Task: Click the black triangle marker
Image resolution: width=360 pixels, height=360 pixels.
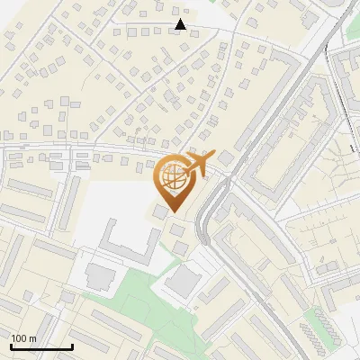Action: pos(181,24)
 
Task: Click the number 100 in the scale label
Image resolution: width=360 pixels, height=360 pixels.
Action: pos(21,338)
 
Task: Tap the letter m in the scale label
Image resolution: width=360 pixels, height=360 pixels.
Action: pos(33,338)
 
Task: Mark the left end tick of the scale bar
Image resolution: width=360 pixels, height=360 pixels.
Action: pos(11,346)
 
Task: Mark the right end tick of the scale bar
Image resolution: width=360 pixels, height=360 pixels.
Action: pos(72,346)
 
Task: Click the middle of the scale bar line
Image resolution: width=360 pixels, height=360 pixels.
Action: pos(41,347)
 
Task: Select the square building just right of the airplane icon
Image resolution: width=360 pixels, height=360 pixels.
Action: pos(225,158)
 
